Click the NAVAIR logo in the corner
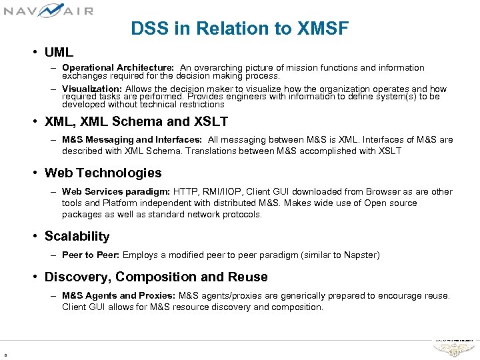(x=49, y=10)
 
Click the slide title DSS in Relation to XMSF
(x=239, y=29)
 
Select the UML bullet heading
(x=59, y=52)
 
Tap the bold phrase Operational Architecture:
(x=118, y=68)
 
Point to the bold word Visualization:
(x=91, y=89)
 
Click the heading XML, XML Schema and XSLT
(x=136, y=121)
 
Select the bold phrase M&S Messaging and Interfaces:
(x=131, y=140)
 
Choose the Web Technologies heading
(x=103, y=173)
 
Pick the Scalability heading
(x=77, y=236)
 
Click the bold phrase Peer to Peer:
(x=91, y=255)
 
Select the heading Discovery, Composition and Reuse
(x=156, y=277)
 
